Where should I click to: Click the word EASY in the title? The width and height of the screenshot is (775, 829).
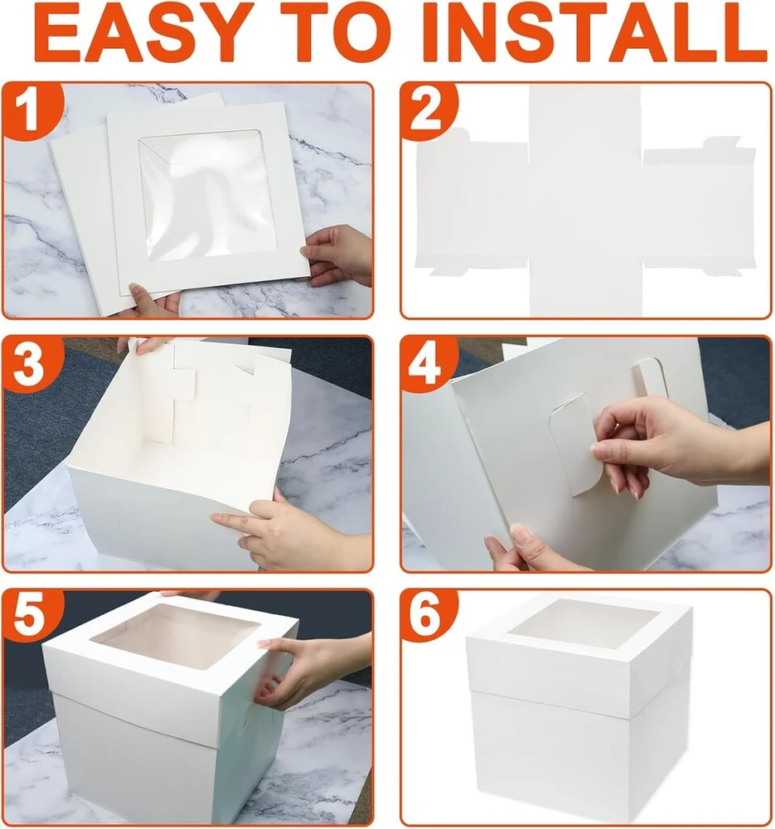pyautogui.click(x=143, y=34)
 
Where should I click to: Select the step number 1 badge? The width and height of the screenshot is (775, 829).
pyautogui.click(x=28, y=109)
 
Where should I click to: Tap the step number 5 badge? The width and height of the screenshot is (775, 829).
pyautogui.click(x=30, y=618)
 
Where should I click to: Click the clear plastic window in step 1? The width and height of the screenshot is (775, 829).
pyautogui.click(x=207, y=195)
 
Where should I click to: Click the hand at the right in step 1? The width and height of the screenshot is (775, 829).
pyautogui.click(x=338, y=255)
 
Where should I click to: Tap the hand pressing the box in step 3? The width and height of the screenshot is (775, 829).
pyautogui.click(x=291, y=534)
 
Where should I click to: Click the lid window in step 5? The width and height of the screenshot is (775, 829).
pyautogui.click(x=174, y=634)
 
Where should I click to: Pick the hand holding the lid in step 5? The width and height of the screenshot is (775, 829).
pyautogui.click(x=312, y=669)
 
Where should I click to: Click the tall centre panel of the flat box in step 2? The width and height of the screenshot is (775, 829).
pyautogui.click(x=584, y=201)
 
